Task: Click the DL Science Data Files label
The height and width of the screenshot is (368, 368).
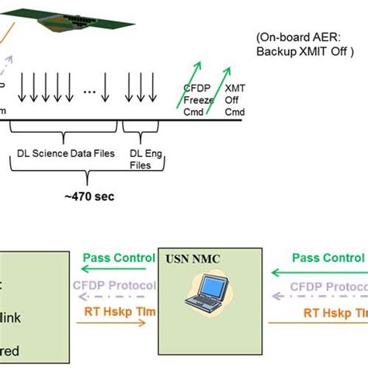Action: [x=66, y=154]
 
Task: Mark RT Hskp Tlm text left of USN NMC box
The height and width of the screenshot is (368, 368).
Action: [x=115, y=314]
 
